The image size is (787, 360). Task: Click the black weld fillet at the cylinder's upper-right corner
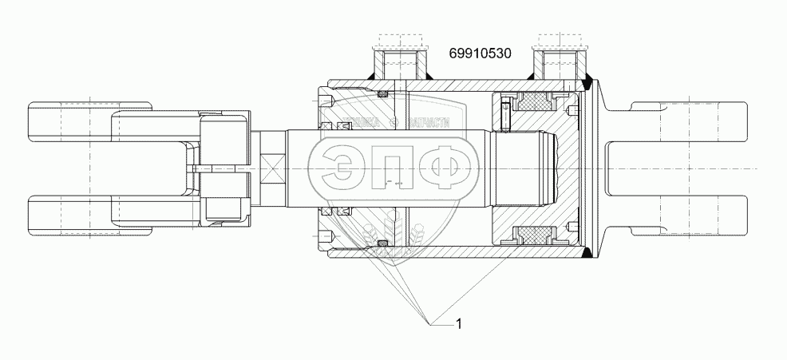(588, 79)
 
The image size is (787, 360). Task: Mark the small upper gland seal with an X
(382, 95)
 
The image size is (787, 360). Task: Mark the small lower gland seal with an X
(382, 243)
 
